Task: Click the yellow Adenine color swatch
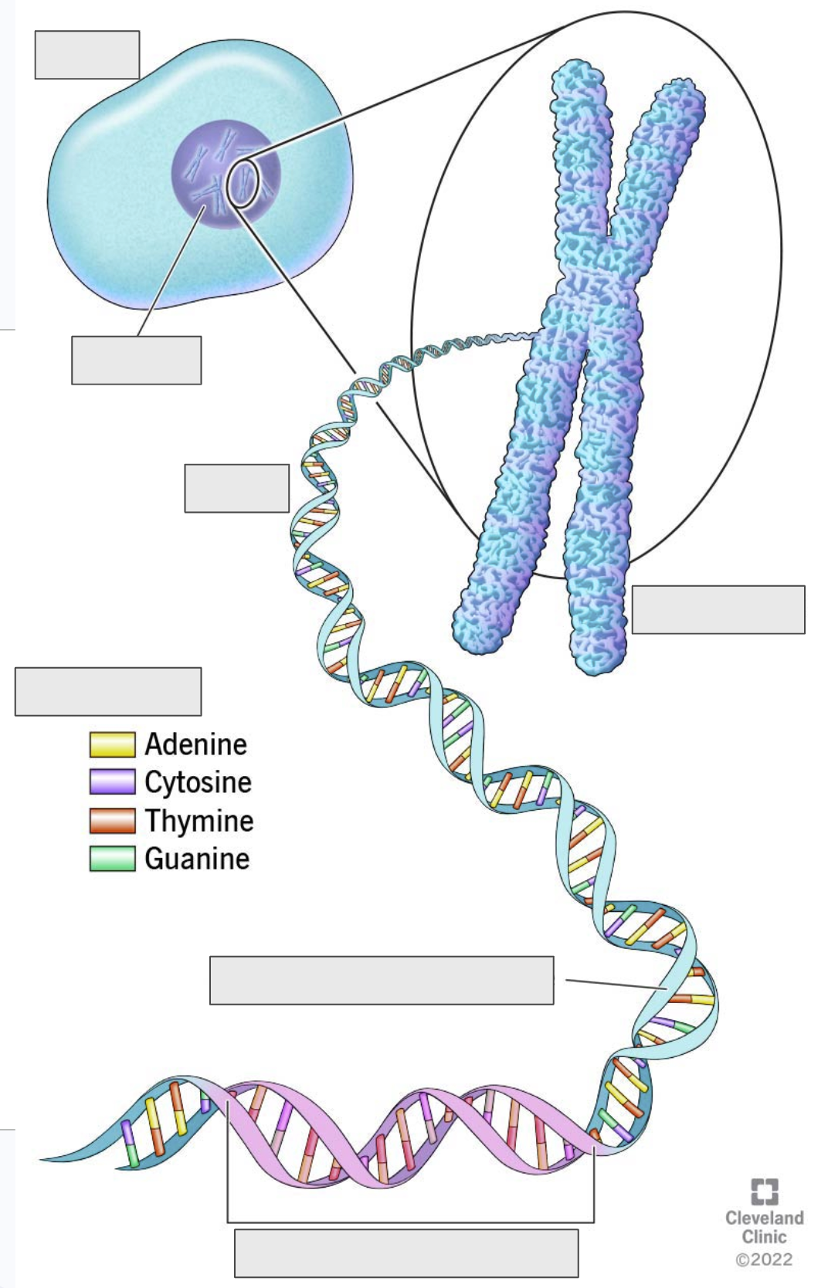pos(112,744)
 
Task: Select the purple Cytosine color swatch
pos(112,782)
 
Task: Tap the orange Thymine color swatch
pos(112,820)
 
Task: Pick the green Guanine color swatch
pos(112,859)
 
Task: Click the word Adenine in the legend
pos(196,744)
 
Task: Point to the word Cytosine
pos(199,782)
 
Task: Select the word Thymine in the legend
pos(199,820)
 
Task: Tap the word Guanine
pos(197,859)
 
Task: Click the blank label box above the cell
pos(87,55)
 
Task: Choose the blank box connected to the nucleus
pos(137,360)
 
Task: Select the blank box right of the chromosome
pos(718,610)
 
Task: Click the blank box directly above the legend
pos(108,691)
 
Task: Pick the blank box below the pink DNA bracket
pos(406,1252)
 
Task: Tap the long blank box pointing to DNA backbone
pos(382,981)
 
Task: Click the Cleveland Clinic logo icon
pos(765,1191)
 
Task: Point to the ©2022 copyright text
pos(765,1259)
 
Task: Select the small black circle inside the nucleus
pos(243,183)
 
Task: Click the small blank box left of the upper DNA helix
pos(236,488)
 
